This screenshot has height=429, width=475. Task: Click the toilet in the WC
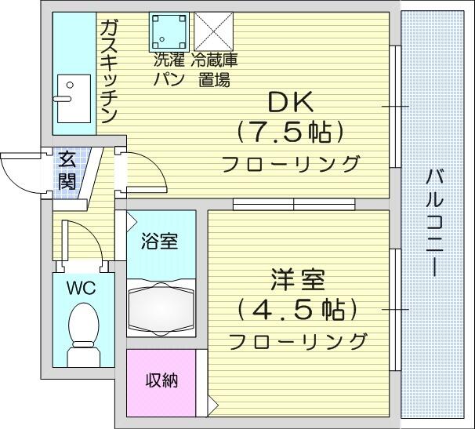(84, 334)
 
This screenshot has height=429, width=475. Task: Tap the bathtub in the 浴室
(161, 309)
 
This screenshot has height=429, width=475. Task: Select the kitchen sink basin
(74, 99)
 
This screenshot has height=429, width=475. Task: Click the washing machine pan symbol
(169, 31)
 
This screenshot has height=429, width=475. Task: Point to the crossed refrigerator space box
(213, 31)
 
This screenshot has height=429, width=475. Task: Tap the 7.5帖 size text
(290, 133)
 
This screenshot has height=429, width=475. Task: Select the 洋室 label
(298, 279)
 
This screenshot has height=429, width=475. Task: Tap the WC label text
(82, 288)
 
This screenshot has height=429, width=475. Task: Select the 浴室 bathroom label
(159, 242)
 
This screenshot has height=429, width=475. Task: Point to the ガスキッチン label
(108, 72)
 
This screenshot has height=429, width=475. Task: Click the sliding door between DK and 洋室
(294, 205)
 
